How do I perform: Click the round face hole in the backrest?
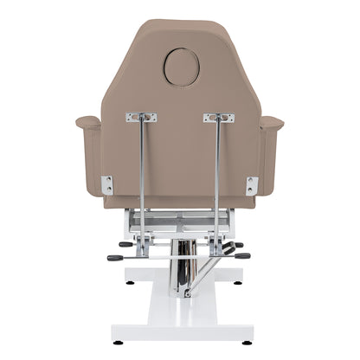182,67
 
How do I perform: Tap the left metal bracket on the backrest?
141,117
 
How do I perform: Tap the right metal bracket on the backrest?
218,117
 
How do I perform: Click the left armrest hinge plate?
107,184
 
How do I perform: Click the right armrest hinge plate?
252,184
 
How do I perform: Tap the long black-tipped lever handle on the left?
116,258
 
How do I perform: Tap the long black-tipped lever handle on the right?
241,255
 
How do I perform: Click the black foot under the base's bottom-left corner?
118,343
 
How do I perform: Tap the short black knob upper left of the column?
126,244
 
